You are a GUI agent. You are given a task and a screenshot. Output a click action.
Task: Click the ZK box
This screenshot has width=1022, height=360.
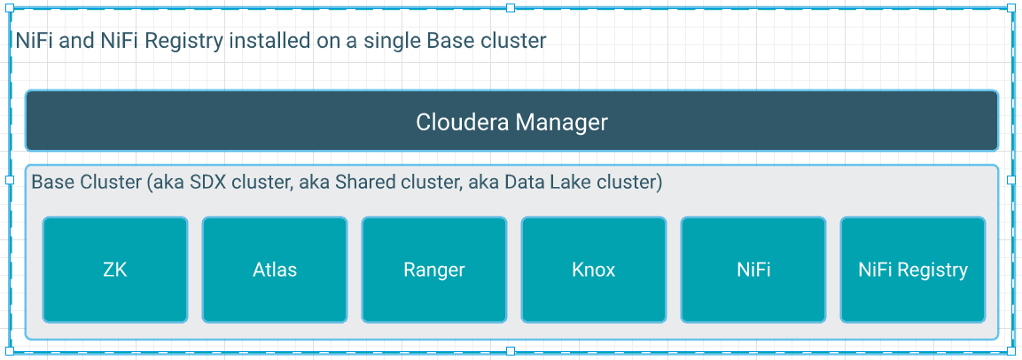(115, 270)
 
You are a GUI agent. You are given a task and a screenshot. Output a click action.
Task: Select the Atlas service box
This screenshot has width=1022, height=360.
(275, 270)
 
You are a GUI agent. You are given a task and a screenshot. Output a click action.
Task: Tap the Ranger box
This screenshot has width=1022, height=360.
(434, 270)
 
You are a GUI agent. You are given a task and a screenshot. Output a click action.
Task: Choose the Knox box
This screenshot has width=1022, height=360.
(594, 270)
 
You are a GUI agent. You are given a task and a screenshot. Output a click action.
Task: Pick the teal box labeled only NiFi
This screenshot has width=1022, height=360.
(753, 270)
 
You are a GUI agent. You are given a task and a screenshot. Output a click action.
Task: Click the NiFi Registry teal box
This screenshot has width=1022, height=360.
(913, 270)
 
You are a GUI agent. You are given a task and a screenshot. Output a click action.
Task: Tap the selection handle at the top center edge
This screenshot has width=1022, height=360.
(511, 8)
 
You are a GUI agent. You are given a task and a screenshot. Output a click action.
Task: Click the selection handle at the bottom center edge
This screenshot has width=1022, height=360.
(511, 351)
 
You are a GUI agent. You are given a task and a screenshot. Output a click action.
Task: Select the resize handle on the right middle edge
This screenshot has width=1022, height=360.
(1012, 180)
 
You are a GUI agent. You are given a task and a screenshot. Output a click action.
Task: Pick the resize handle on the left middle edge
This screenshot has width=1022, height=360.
(10, 180)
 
